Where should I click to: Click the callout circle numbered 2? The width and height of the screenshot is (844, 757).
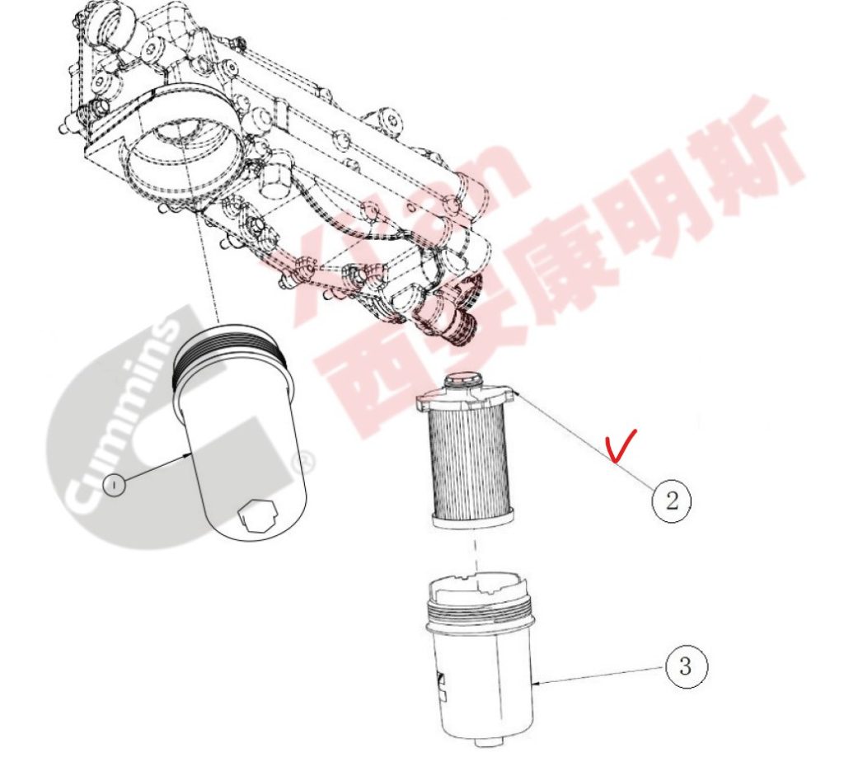(x=671, y=501)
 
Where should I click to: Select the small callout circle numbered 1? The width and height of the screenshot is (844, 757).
(x=114, y=485)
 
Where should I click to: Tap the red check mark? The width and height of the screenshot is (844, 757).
(x=621, y=444)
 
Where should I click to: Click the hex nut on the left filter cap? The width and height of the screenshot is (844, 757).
(x=258, y=517)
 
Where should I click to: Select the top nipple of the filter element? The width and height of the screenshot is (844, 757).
(x=462, y=379)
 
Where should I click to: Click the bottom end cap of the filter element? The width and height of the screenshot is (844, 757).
(x=472, y=520)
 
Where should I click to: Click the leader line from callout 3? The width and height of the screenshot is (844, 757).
(x=602, y=675)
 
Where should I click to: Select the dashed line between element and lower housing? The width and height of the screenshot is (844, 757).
(x=476, y=556)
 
